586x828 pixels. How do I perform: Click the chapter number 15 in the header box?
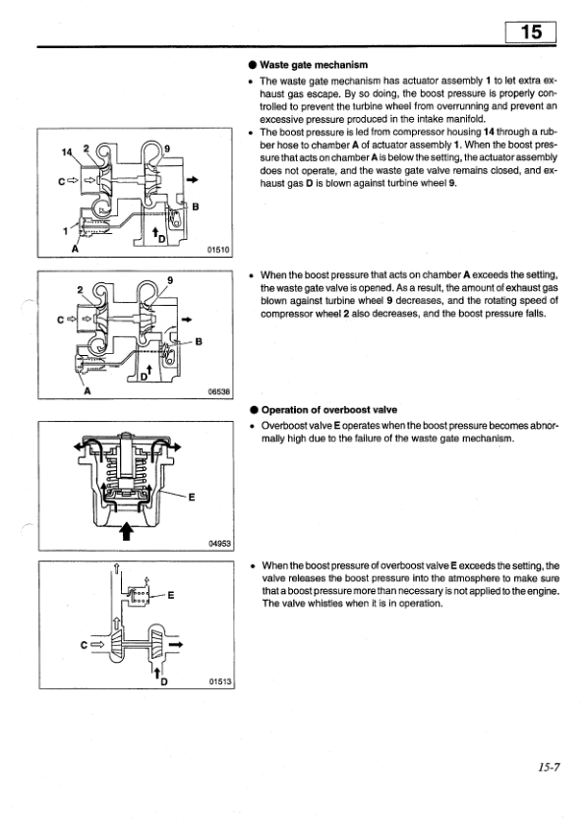pos(531,32)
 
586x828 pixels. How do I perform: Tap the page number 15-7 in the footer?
pos(549,767)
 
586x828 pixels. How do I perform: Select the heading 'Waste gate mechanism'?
pos(314,65)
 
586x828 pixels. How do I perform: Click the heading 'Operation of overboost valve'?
pos(329,410)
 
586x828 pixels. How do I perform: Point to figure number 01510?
pos(219,250)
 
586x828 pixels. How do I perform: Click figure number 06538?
pos(219,391)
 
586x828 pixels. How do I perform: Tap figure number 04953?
pos(219,543)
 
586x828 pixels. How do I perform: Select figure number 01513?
pos(219,681)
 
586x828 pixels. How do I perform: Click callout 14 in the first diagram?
pos(67,152)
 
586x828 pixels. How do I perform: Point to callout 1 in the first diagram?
pos(66,231)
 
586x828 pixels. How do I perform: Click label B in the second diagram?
pos(199,341)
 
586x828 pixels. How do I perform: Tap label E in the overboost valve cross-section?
pos(191,497)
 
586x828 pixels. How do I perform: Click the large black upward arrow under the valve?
pos(126,531)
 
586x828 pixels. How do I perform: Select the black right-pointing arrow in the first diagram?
pos(193,180)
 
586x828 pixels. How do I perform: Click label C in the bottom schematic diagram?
pos(84,645)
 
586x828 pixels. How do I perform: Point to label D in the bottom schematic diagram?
pos(163,681)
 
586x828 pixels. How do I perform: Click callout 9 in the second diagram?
pos(170,280)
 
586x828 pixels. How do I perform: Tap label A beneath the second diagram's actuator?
pos(88,390)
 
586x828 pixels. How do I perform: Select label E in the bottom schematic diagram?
pos(170,595)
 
